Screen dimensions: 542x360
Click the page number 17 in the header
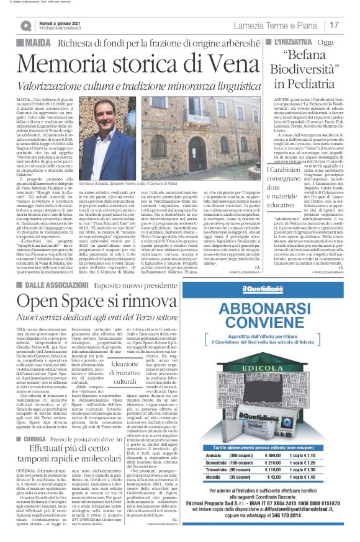coord(334,25)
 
